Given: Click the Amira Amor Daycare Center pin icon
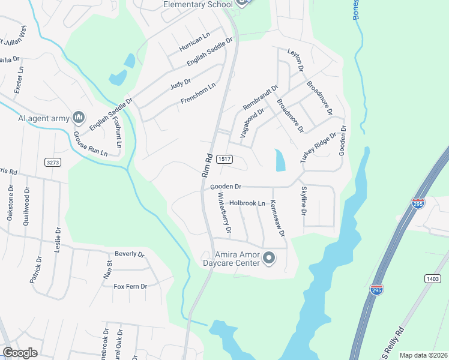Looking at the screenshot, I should click(x=269, y=259).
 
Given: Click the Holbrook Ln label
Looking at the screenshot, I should click(x=247, y=203).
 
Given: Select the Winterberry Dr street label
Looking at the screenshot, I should click(x=224, y=214).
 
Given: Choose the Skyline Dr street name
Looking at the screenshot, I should click(x=303, y=202).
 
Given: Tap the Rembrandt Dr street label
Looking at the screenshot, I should click(x=261, y=98).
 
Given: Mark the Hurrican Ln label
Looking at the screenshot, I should click(x=193, y=41).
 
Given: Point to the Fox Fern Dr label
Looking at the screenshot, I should click(x=130, y=286).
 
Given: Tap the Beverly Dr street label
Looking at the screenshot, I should click(x=130, y=254).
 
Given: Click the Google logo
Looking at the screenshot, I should click(x=20, y=353).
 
